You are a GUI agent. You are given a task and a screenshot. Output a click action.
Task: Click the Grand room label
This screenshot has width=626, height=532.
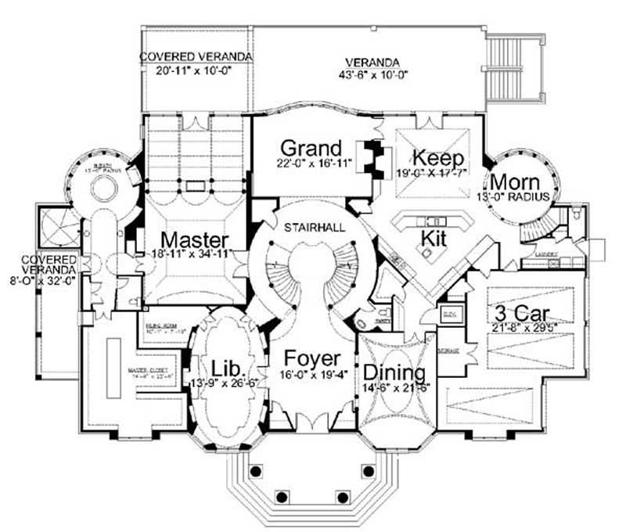[311, 148]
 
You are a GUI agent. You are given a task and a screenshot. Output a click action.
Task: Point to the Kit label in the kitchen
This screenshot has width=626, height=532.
[433, 237]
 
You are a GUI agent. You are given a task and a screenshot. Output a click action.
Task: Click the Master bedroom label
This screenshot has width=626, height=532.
[193, 239]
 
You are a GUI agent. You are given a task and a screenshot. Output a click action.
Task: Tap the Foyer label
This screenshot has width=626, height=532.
[311, 358]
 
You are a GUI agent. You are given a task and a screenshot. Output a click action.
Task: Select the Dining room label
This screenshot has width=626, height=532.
[394, 372]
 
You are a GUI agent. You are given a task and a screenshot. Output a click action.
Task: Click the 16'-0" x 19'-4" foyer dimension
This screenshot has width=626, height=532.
[311, 375]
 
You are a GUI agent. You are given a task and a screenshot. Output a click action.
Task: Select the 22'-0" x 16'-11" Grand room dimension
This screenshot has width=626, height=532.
[311, 165]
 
